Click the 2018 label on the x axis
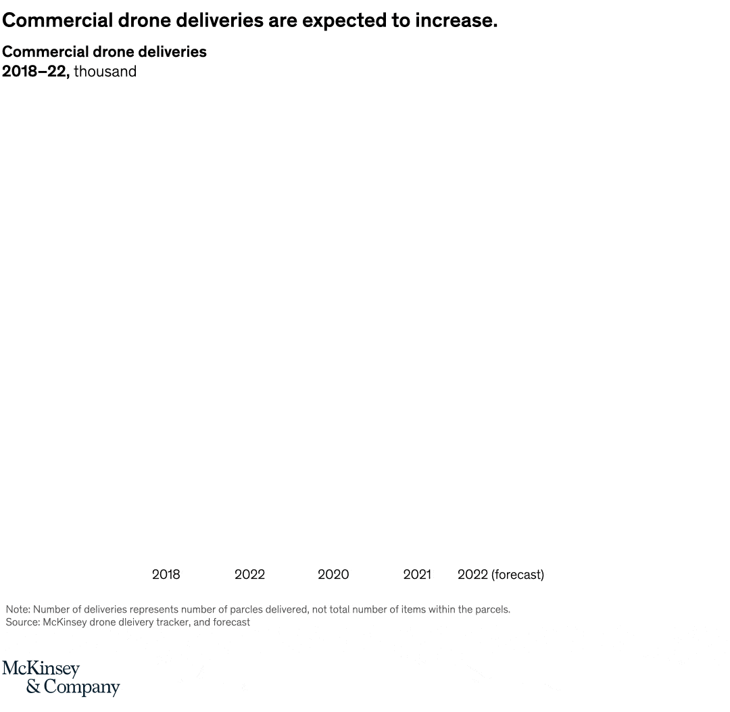pyautogui.click(x=166, y=575)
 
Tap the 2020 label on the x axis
pyautogui.click(x=333, y=575)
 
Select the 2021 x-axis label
pyautogui.click(x=416, y=575)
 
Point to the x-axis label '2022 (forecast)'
pyautogui.click(x=500, y=575)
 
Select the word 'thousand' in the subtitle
pyautogui.click(x=105, y=72)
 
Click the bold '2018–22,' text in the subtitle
pyautogui.click(x=35, y=72)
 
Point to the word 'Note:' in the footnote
pyautogui.click(x=18, y=610)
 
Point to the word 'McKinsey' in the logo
pyautogui.click(x=41, y=669)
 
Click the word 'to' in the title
pyautogui.click(x=399, y=21)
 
